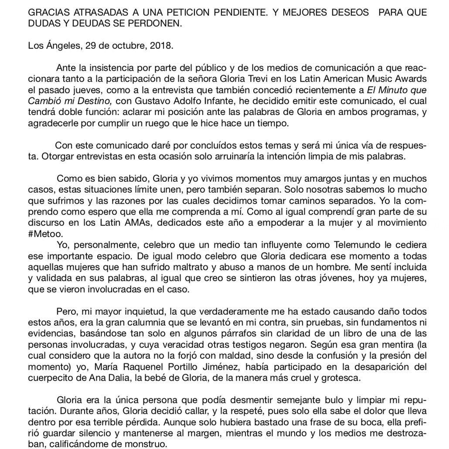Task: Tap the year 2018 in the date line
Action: click(161, 46)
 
